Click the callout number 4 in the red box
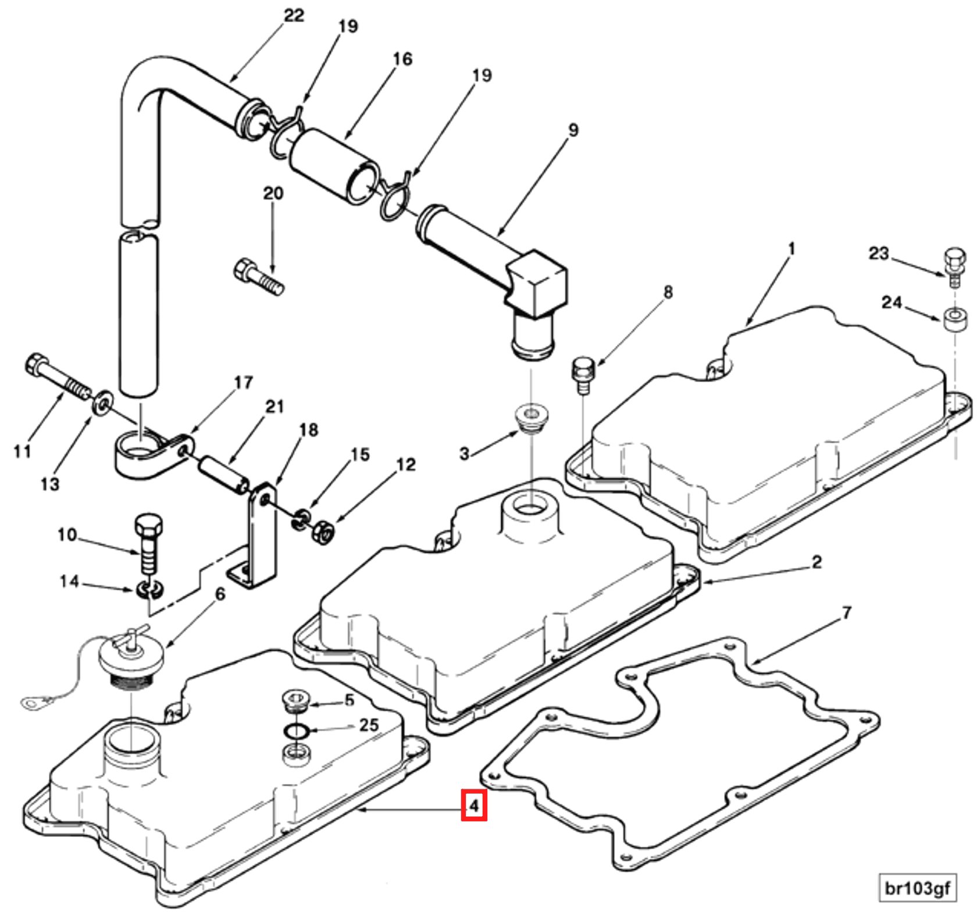coord(473,806)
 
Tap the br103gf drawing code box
coord(917,888)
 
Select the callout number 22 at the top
coord(294,16)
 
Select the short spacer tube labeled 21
coord(224,475)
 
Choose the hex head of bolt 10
coord(149,526)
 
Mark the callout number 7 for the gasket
coord(846,612)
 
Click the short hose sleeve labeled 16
coord(333,166)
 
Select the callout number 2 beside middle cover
coord(816,562)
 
